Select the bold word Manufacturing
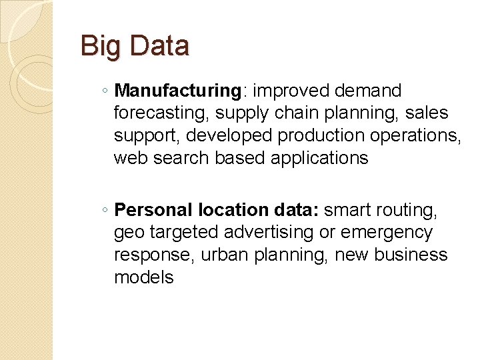coord(177,91)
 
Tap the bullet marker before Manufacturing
coord(107,91)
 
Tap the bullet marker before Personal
coord(107,211)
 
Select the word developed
coord(229,135)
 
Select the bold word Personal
coord(154,211)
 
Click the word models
coord(143,278)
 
